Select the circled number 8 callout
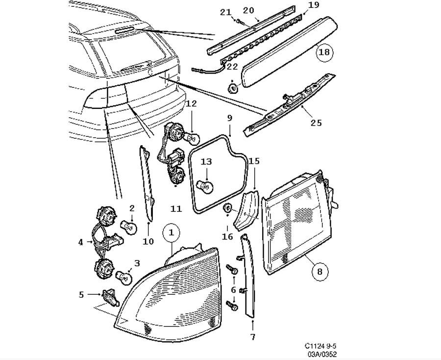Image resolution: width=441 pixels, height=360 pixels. [319, 270]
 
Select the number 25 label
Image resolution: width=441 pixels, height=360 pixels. [316, 122]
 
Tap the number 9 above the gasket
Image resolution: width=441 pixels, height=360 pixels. [229, 118]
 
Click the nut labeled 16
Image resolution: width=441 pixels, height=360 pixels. [227, 209]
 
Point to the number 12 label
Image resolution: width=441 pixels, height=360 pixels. [191, 103]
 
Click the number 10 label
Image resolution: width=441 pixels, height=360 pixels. [148, 241]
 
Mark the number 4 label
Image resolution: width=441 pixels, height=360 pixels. [80, 241]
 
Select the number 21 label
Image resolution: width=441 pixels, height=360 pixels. [225, 12]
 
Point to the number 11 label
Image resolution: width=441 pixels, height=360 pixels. [176, 209]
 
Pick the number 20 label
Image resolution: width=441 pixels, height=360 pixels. [248, 10]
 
